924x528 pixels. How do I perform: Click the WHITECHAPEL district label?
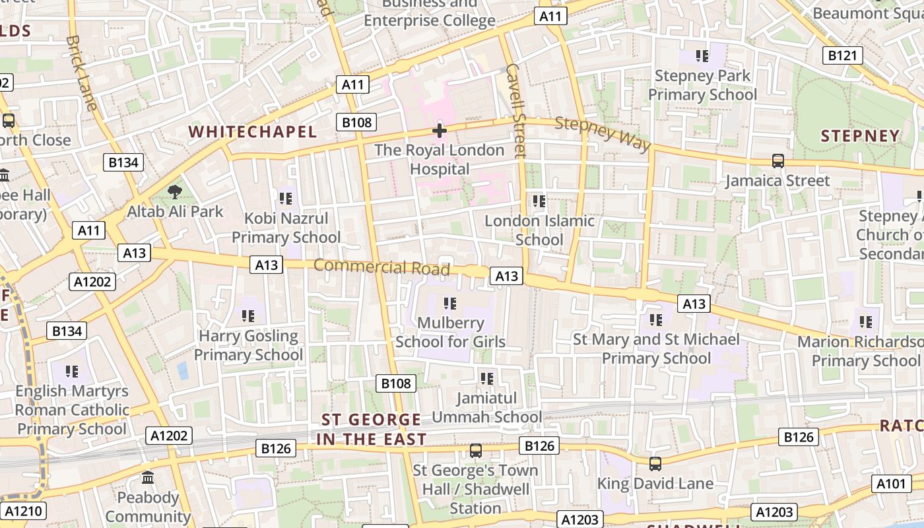tap(253, 132)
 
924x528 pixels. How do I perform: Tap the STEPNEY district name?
tap(860, 136)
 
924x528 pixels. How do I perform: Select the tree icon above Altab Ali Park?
tap(175, 192)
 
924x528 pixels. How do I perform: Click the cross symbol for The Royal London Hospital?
tap(440, 131)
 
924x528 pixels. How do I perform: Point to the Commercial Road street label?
tap(381, 267)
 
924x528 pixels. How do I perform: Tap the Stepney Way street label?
tap(603, 133)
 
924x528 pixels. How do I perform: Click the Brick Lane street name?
tap(81, 73)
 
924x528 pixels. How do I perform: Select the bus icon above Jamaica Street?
tap(778, 160)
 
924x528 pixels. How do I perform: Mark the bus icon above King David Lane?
tap(655, 463)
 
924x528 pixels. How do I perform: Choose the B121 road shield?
tap(842, 55)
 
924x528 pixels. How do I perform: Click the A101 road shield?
tap(891, 484)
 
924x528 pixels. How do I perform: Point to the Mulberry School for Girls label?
tap(450, 332)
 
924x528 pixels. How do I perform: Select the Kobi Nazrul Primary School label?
tap(286, 228)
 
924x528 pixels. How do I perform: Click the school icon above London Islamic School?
tap(539, 201)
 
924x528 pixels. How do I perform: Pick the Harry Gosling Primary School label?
tap(248, 345)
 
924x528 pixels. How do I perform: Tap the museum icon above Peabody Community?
tap(148, 477)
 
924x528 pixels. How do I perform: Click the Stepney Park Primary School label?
tap(702, 85)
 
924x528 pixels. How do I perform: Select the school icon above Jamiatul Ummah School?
tap(487, 379)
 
